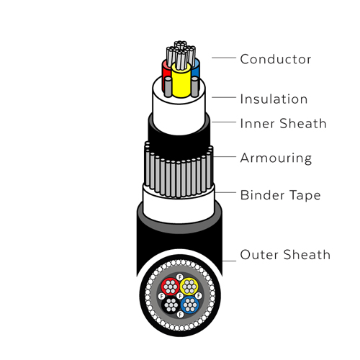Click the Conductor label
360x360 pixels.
(x=276, y=59)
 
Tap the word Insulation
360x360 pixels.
(x=274, y=99)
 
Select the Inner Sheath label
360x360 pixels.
(x=284, y=124)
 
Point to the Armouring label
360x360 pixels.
(x=276, y=158)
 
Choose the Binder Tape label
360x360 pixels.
(x=280, y=195)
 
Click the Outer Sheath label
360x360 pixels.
(x=285, y=255)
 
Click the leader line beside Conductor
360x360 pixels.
(x=224, y=58)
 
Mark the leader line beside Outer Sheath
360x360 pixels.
(x=229, y=261)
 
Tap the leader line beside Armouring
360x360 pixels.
(x=225, y=157)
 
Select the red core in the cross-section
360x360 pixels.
(x=170, y=287)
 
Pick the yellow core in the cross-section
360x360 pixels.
(x=189, y=287)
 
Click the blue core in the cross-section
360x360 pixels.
(x=190, y=305)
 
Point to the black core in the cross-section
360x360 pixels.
(x=171, y=305)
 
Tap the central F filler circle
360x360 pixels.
(x=180, y=296)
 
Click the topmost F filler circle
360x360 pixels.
(x=180, y=277)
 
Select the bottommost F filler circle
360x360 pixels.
(x=180, y=315)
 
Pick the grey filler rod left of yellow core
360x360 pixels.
(x=168, y=87)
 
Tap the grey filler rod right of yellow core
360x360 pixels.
(x=195, y=87)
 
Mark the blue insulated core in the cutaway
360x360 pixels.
(x=196, y=68)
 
